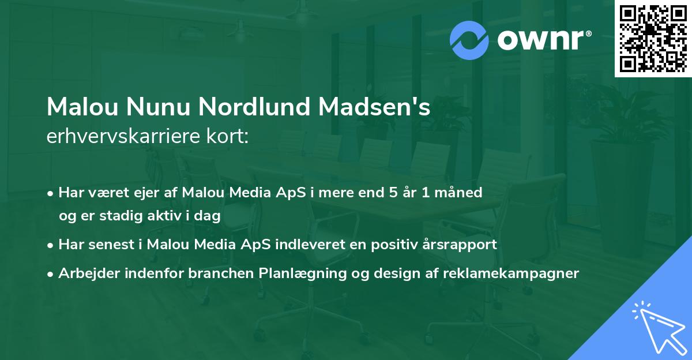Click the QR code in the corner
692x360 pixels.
[x=653, y=39]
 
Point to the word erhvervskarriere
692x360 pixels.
[x=121, y=137]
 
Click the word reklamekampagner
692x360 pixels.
[x=510, y=273]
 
